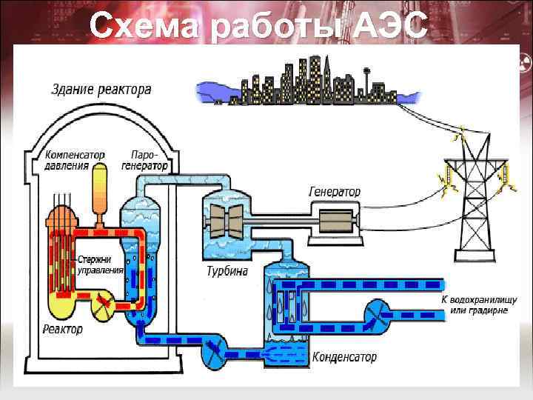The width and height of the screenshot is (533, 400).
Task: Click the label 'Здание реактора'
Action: pyautogui.click(x=101, y=90)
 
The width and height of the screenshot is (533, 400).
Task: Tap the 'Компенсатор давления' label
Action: pyautogui.click(x=75, y=161)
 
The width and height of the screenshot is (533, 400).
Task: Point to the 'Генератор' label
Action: pyautogui.click(x=335, y=192)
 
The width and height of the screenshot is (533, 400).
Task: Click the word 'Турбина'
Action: pyautogui.click(x=227, y=271)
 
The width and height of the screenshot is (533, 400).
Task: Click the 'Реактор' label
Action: pyautogui.click(x=63, y=328)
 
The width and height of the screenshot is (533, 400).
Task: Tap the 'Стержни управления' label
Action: pyautogui.click(x=101, y=265)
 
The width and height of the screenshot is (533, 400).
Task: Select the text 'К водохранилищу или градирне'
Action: pyautogui.click(x=474, y=305)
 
